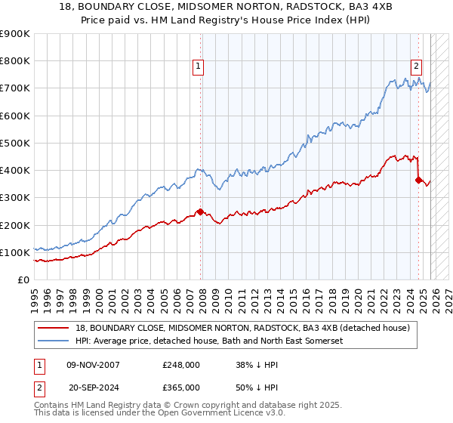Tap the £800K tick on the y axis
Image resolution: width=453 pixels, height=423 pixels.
coord(15,61)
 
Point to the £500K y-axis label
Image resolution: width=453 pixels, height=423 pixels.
coord(15,143)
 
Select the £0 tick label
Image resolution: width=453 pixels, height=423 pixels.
coord(23,279)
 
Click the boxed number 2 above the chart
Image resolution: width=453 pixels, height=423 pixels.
coord(416,66)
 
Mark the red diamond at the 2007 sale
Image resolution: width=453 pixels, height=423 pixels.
coord(200,211)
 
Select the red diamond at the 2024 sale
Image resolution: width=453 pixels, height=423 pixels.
coord(418,180)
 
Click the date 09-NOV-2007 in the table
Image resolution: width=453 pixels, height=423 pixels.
coord(93,364)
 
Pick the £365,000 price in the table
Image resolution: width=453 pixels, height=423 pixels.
coord(180,387)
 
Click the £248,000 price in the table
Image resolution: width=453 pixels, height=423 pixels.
coord(180,364)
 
